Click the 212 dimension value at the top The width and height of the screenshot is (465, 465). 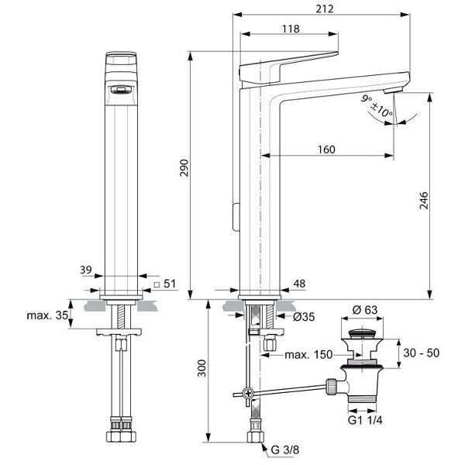click(325, 9)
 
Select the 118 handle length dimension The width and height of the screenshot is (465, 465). click(291, 29)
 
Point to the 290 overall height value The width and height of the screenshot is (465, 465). click(184, 168)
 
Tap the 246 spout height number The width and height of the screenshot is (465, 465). click(424, 201)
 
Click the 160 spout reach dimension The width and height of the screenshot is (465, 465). click(326, 150)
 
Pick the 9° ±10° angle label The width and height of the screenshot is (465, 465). click(377, 106)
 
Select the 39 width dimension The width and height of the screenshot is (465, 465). click(86, 270)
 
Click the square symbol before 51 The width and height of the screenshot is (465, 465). click(157, 284)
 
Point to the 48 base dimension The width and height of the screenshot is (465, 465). click(299, 284)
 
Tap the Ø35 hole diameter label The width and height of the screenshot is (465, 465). click(304, 317)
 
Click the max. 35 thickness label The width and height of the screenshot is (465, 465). click(47, 315)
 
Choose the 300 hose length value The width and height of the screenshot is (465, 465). click(201, 368)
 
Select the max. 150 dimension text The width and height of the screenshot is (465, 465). click(308, 354)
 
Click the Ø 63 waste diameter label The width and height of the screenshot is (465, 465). click(365, 310)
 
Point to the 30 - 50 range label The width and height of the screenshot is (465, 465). click(421, 353)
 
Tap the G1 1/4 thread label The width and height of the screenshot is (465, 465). click(365, 420)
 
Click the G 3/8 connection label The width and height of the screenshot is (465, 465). click(285, 449)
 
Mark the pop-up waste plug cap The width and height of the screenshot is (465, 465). click(362, 333)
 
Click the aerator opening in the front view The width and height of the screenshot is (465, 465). click(121, 90)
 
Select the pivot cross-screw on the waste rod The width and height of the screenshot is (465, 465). click(247, 394)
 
